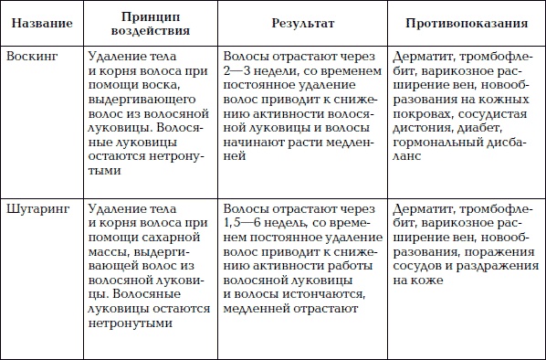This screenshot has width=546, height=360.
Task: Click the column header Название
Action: point(42,21)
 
